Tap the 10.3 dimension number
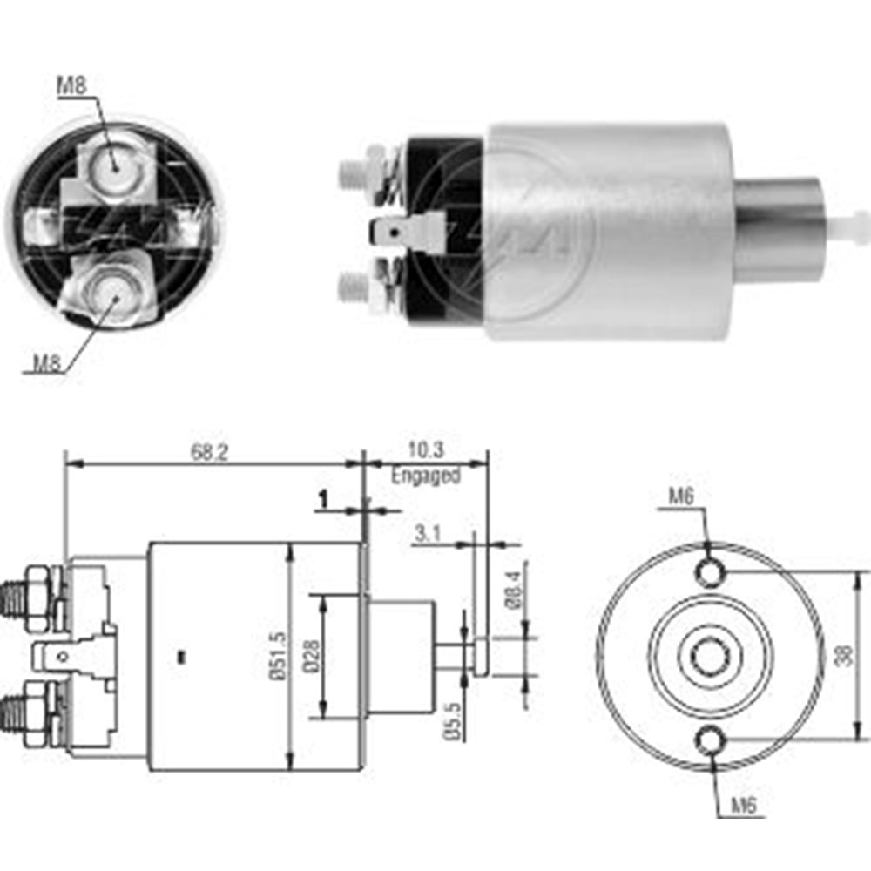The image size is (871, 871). (424, 450)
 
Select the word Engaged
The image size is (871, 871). (425, 476)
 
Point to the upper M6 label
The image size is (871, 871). (682, 496)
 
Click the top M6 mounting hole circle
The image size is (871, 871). (710, 572)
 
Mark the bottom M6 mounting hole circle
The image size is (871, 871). (710, 740)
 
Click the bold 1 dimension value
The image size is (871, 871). (322, 499)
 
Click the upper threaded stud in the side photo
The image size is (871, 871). (352, 171)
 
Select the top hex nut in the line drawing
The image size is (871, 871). (38, 586)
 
